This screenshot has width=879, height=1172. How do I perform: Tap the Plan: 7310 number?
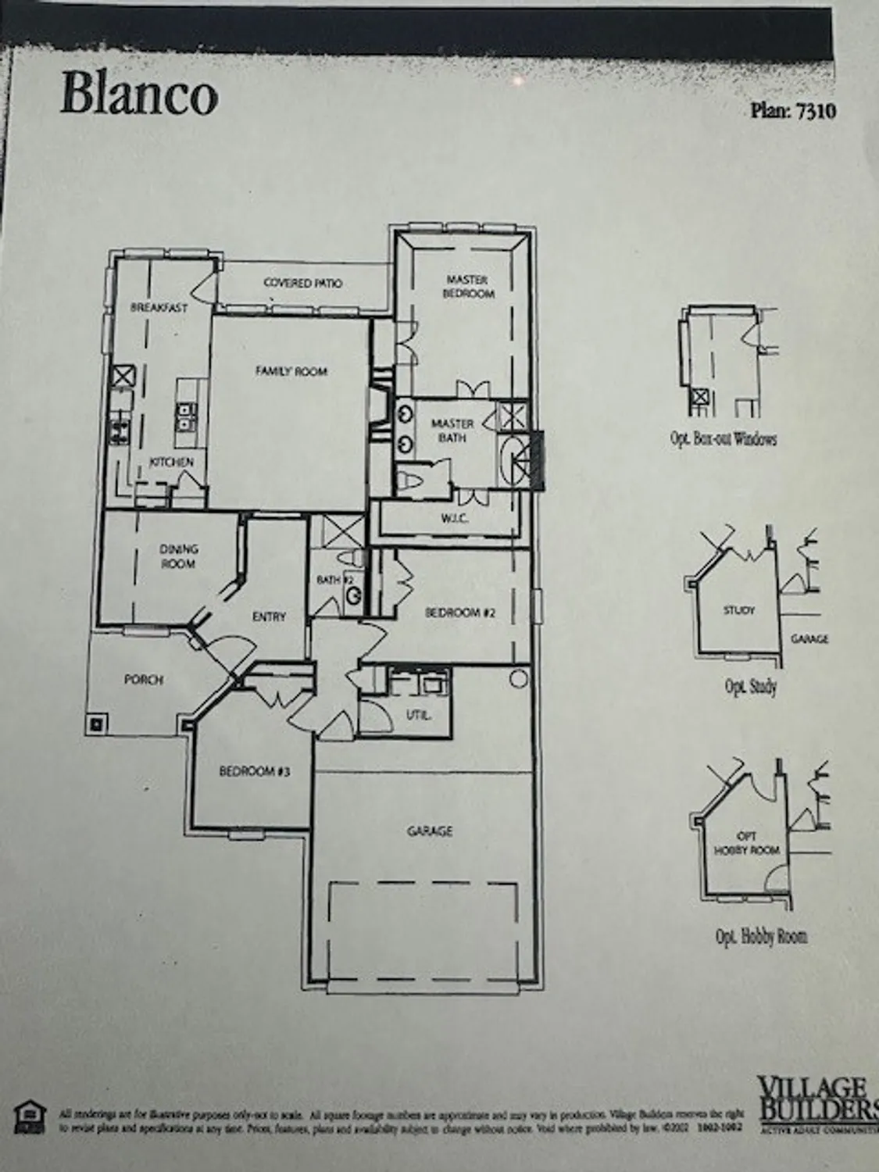(793, 111)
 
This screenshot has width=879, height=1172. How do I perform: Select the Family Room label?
(291, 371)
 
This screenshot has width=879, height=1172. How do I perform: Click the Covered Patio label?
(302, 283)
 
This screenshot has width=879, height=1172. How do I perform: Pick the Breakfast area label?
(159, 308)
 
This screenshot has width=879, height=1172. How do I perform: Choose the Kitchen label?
(171, 463)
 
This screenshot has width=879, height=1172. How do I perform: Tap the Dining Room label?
(178, 556)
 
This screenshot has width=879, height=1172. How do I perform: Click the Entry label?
(269, 616)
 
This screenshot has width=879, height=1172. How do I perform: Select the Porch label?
(144, 680)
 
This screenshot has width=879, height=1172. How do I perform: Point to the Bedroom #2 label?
(460, 613)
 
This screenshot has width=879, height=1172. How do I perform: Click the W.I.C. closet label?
(454, 518)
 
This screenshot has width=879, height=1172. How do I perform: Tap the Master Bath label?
(452, 431)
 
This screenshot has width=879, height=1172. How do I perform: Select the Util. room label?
(418, 715)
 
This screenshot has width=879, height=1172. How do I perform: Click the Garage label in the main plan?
(430, 831)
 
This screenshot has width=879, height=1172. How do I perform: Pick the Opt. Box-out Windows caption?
(724, 439)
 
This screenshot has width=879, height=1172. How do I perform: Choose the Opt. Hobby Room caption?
(761, 936)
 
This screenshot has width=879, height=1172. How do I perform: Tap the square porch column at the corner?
(95, 724)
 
